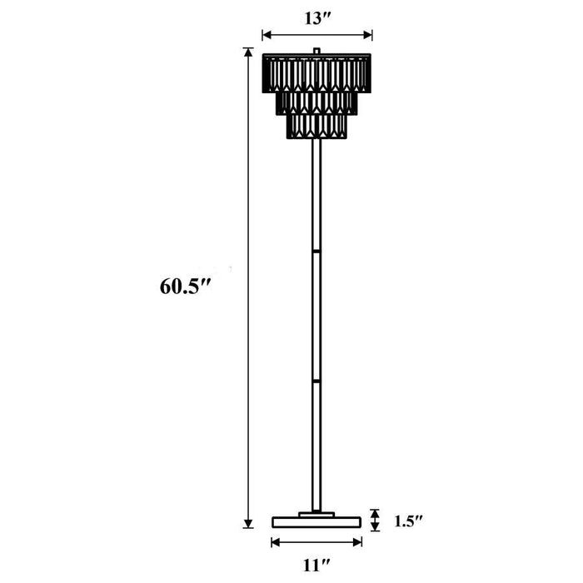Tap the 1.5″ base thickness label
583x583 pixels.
(407, 522)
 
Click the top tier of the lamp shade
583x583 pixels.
(316, 72)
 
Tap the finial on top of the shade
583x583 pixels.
(316, 52)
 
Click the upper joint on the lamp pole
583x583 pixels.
(316, 248)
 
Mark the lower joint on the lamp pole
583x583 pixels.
(316, 380)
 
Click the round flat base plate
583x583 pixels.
(316, 522)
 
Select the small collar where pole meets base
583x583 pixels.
(316, 513)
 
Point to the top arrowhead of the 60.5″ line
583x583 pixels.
(247, 52)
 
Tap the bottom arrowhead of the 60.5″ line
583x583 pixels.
(247, 523)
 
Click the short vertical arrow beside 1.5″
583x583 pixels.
(376, 521)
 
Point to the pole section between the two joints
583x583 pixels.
(316, 314)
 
